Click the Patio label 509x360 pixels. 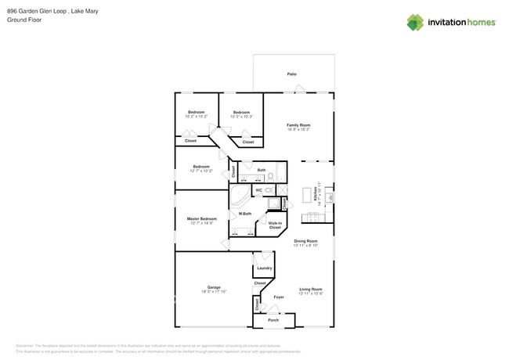click(291, 74)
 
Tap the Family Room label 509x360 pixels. click(298, 125)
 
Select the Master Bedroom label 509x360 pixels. click(201, 218)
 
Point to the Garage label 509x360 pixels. click(214, 287)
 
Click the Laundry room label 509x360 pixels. click(265, 268)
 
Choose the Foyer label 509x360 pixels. click(278, 297)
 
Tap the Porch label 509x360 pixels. click(273, 320)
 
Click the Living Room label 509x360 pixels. click(311, 290)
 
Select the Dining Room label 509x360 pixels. click(305, 241)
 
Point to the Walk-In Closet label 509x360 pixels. click(275, 225)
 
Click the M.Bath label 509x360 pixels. click(245, 214)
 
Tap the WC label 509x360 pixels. click(258, 190)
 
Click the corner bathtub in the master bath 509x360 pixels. click(238, 193)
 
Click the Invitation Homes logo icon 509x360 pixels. click(415, 23)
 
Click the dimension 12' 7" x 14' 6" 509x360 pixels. click(201, 224)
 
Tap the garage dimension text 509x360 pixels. click(214, 292)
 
